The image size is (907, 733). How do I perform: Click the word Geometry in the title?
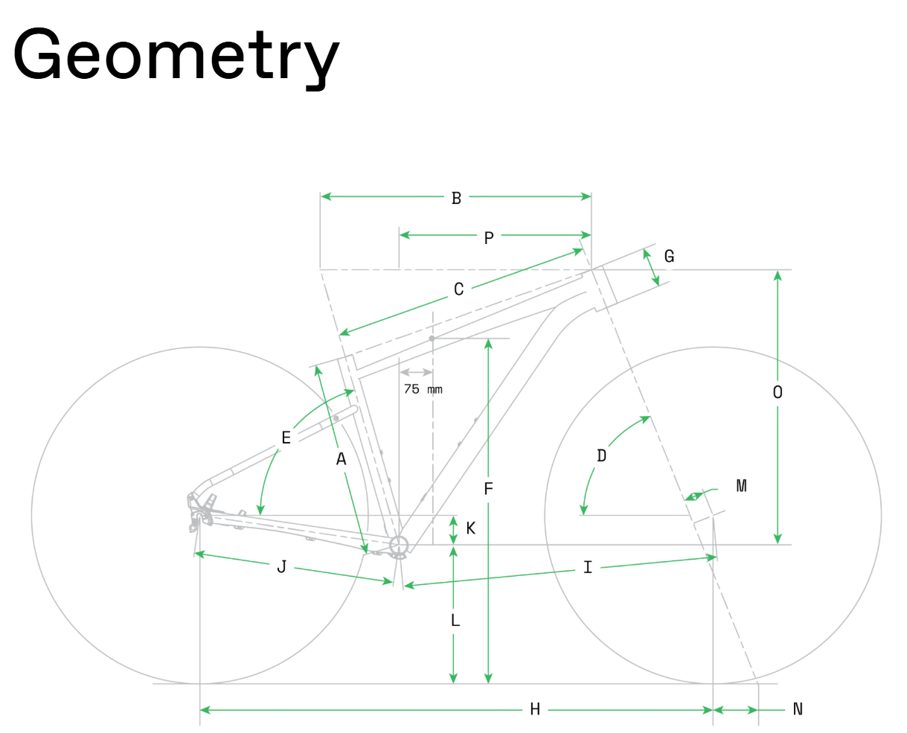pos(176,57)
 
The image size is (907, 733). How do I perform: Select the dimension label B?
pos(456,198)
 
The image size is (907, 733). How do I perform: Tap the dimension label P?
pos(488,237)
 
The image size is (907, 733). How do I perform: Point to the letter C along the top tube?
pos(458,289)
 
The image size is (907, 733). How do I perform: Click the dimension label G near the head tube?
pos(669,256)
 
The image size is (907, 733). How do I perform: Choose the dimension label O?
pos(777,392)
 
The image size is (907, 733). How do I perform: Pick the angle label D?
pos(601,455)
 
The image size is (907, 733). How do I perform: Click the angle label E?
pos(286,438)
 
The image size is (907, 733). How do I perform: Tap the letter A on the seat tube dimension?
pos(341,458)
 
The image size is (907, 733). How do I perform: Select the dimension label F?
pos(488,488)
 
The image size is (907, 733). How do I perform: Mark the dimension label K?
pos(470,528)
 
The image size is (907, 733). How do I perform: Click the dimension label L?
pos(455,620)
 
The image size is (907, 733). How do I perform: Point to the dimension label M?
pos(741,485)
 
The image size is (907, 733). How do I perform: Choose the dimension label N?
pos(798,709)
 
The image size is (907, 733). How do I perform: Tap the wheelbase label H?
pos(535,709)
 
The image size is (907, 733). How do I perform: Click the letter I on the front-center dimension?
pos(588,567)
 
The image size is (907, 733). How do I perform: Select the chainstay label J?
pos(281,567)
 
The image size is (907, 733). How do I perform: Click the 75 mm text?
pos(423,389)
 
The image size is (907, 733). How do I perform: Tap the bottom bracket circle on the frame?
pos(399,545)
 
